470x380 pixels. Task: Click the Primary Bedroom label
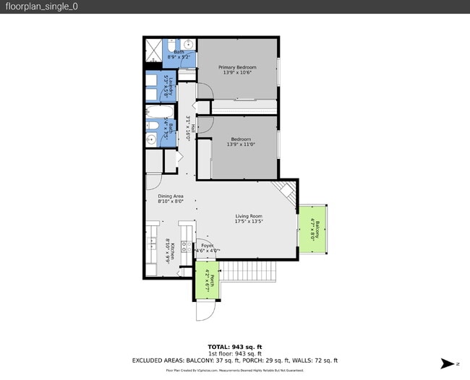[x=237, y=67]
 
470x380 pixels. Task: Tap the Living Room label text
[x=248, y=216]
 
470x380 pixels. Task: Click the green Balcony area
[x=314, y=228]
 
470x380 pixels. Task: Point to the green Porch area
[x=206, y=280]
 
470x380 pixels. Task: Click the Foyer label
[x=207, y=246]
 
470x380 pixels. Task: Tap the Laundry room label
[x=167, y=87]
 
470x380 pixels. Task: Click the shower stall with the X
[x=153, y=51]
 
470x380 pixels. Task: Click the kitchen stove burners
[x=185, y=246]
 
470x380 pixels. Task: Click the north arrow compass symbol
[x=450, y=363]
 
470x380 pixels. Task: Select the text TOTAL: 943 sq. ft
[x=234, y=347]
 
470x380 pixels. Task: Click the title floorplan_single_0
[x=42, y=7]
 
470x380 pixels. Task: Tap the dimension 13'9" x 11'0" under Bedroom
[x=241, y=145]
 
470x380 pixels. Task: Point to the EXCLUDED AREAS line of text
[x=234, y=360]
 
